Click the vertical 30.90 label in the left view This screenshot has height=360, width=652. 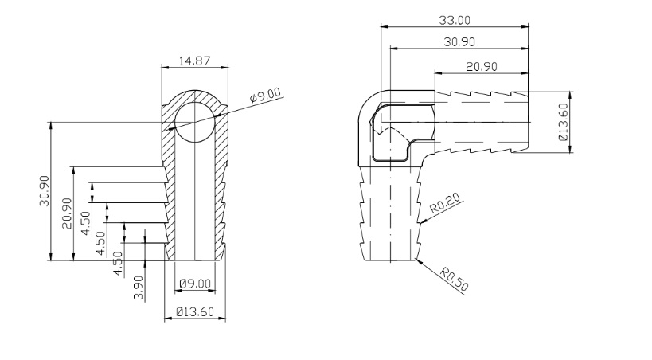pyautogui.click(x=45, y=191)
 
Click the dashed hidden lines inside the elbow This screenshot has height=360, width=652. pyautogui.click(x=381, y=127)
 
